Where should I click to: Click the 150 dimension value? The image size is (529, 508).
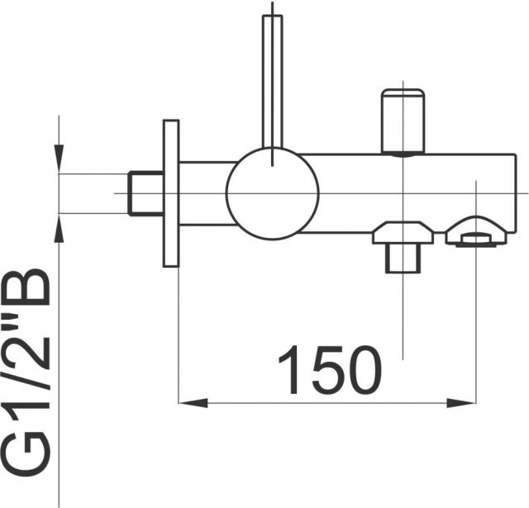click(x=331, y=369)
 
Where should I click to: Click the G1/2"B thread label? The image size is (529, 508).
click(x=26, y=373)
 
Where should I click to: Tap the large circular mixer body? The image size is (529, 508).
click(x=272, y=193)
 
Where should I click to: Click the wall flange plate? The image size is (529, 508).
click(x=171, y=193)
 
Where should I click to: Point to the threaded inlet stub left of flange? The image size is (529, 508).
click(x=145, y=193)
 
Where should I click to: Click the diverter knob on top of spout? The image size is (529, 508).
click(x=403, y=121)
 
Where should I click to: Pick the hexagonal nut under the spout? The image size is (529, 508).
click(x=403, y=233)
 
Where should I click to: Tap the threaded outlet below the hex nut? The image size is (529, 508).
click(x=403, y=259)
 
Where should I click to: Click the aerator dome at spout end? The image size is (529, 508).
click(x=476, y=231)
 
